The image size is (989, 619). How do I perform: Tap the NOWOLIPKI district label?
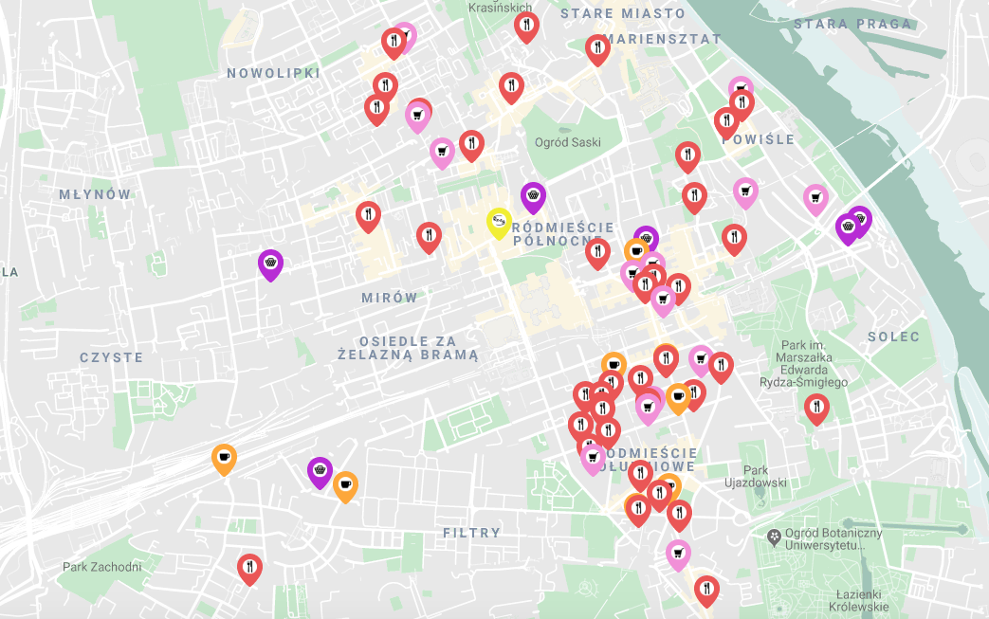(x=273, y=73)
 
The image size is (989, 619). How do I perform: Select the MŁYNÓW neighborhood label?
(x=95, y=194)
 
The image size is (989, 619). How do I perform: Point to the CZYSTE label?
(x=111, y=357)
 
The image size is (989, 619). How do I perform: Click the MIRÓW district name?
(x=389, y=298)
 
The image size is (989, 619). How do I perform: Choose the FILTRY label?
(x=471, y=533)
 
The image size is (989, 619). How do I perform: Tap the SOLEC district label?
(x=893, y=337)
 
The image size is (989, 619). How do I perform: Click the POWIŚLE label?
(x=759, y=139)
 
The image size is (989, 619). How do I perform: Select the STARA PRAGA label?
(x=852, y=24)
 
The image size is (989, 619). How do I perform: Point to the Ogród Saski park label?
(x=568, y=142)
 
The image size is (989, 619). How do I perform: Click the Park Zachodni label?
(x=101, y=567)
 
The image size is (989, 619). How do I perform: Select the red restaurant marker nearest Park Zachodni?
(x=249, y=568)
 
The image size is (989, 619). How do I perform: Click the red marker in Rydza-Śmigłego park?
(x=816, y=408)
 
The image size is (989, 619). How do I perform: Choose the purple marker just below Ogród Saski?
(x=534, y=196)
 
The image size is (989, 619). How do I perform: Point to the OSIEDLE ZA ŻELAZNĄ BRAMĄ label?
(x=408, y=347)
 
